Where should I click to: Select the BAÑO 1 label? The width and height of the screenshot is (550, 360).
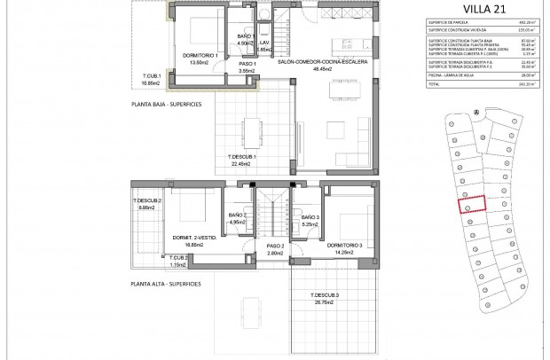click(247, 36)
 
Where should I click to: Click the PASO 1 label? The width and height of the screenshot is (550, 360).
click(247, 63)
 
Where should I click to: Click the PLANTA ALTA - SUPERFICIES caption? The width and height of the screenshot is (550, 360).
click(165, 284)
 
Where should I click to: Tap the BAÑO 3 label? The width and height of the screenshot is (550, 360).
click(310, 218)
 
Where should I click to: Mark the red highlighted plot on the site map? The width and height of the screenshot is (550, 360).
click(472, 204)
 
